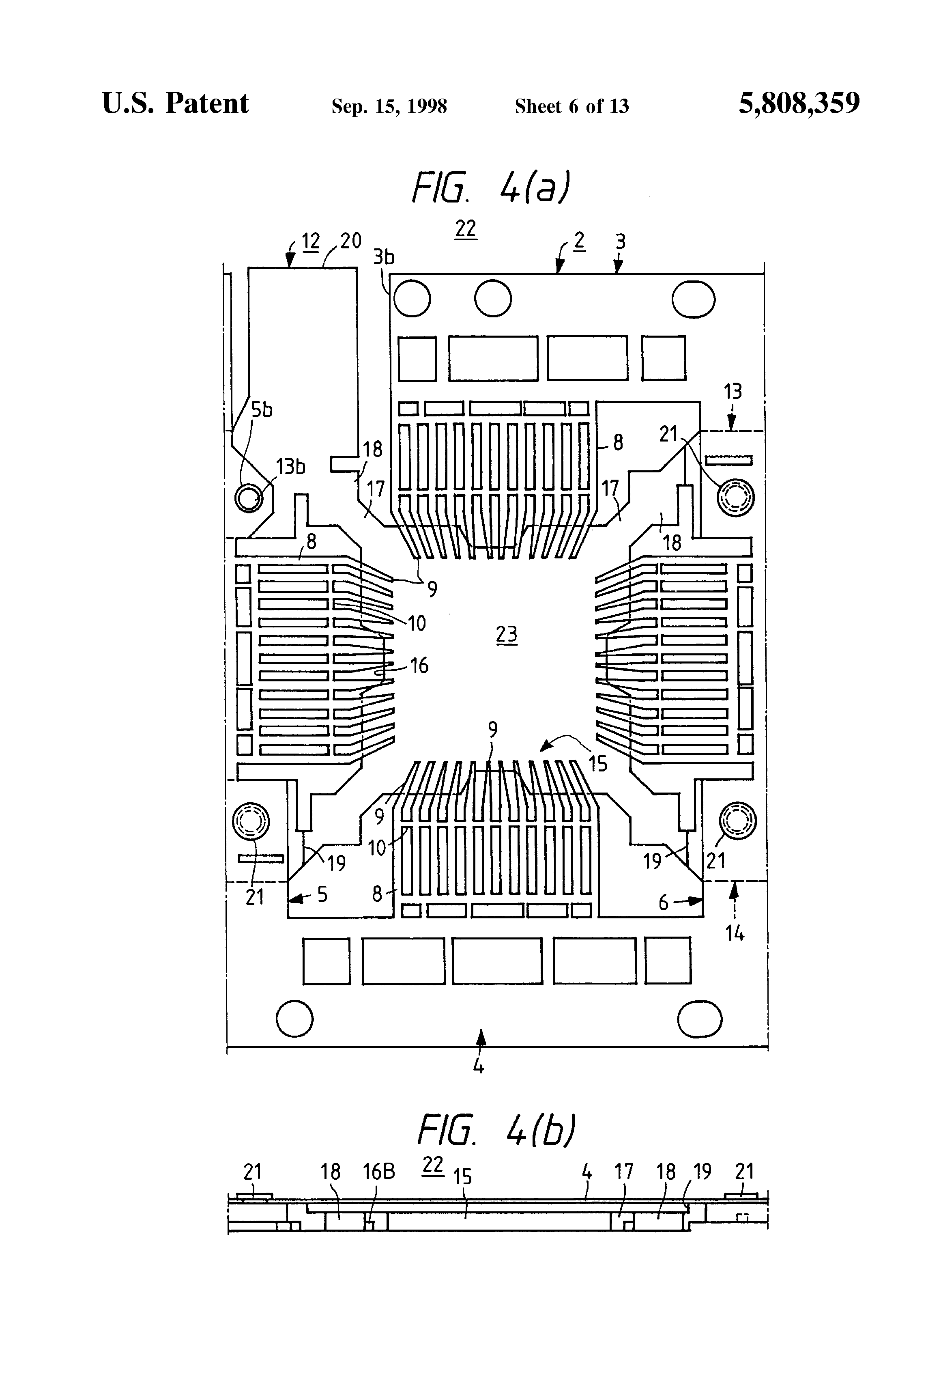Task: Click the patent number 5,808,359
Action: [x=799, y=103]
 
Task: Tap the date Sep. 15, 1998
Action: [x=389, y=106]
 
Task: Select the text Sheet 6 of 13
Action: [x=571, y=106]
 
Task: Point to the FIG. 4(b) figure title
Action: [x=497, y=1129]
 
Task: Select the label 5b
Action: [x=261, y=409]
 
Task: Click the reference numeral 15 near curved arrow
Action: [x=598, y=763]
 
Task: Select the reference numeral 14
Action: [x=735, y=934]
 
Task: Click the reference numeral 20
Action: [x=350, y=241]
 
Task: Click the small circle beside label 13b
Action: [x=249, y=498]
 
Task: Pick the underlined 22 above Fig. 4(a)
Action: [x=466, y=229]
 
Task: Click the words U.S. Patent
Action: [x=176, y=103]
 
